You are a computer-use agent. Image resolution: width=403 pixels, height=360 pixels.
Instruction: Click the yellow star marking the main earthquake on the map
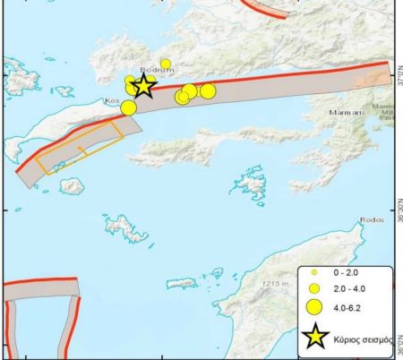tap(143, 87)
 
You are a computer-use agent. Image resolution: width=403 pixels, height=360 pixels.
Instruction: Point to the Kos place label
tap(113, 101)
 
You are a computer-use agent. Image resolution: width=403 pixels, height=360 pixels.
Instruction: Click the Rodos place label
tap(371, 219)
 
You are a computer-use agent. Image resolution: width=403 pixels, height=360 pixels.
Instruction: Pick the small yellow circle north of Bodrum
tap(166, 64)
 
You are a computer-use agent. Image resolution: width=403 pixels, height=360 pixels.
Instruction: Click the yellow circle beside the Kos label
tap(128, 107)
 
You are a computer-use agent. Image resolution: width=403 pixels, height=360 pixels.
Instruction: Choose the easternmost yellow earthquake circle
tap(208, 90)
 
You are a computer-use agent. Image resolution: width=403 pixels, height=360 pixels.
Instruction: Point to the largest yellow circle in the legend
tap(314, 307)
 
